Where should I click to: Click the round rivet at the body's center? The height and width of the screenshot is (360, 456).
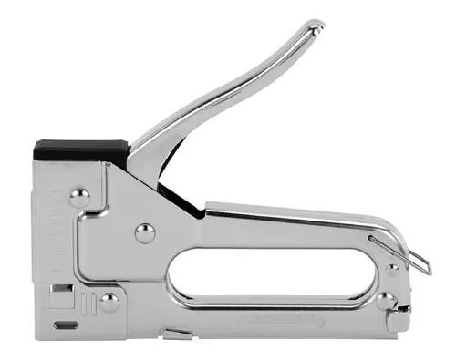[x=145, y=233]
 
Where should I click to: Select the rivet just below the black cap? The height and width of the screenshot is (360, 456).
[x=79, y=195]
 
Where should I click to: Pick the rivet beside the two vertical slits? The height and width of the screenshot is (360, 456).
[x=109, y=302]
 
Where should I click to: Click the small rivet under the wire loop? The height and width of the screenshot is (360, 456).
[x=392, y=270]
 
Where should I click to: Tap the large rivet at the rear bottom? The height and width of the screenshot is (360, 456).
[x=386, y=300]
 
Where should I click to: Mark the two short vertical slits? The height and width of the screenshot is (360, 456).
[x=87, y=303]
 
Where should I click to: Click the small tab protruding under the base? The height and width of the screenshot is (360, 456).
[x=177, y=334]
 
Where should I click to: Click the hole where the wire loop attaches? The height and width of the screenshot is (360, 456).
[x=374, y=240]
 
